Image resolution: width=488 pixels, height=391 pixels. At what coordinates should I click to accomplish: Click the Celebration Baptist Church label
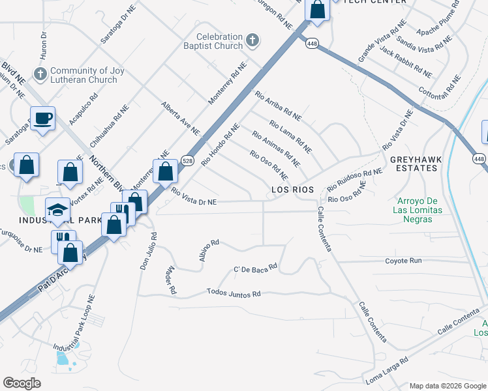point(219,42)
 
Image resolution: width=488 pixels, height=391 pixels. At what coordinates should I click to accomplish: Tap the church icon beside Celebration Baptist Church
point(252,42)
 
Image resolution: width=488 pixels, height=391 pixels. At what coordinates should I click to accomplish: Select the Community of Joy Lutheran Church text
point(84,76)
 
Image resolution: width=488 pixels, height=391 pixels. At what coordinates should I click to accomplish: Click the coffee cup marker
point(43,119)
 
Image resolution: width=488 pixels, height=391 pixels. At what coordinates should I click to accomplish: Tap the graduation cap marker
point(57,210)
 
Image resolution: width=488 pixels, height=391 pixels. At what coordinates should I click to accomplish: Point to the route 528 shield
point(187,160)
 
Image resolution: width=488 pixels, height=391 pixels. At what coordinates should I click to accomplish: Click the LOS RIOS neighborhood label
point(292,190)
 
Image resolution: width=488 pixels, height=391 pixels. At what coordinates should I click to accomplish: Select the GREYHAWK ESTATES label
point(414,164)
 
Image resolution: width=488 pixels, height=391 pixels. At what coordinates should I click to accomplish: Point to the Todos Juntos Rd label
point(234,294)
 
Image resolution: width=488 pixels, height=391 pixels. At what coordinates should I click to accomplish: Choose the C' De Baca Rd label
point(256,267)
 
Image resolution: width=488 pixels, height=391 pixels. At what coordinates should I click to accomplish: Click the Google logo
point(22,383)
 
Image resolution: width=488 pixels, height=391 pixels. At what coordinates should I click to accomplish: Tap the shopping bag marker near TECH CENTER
point(317,10)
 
